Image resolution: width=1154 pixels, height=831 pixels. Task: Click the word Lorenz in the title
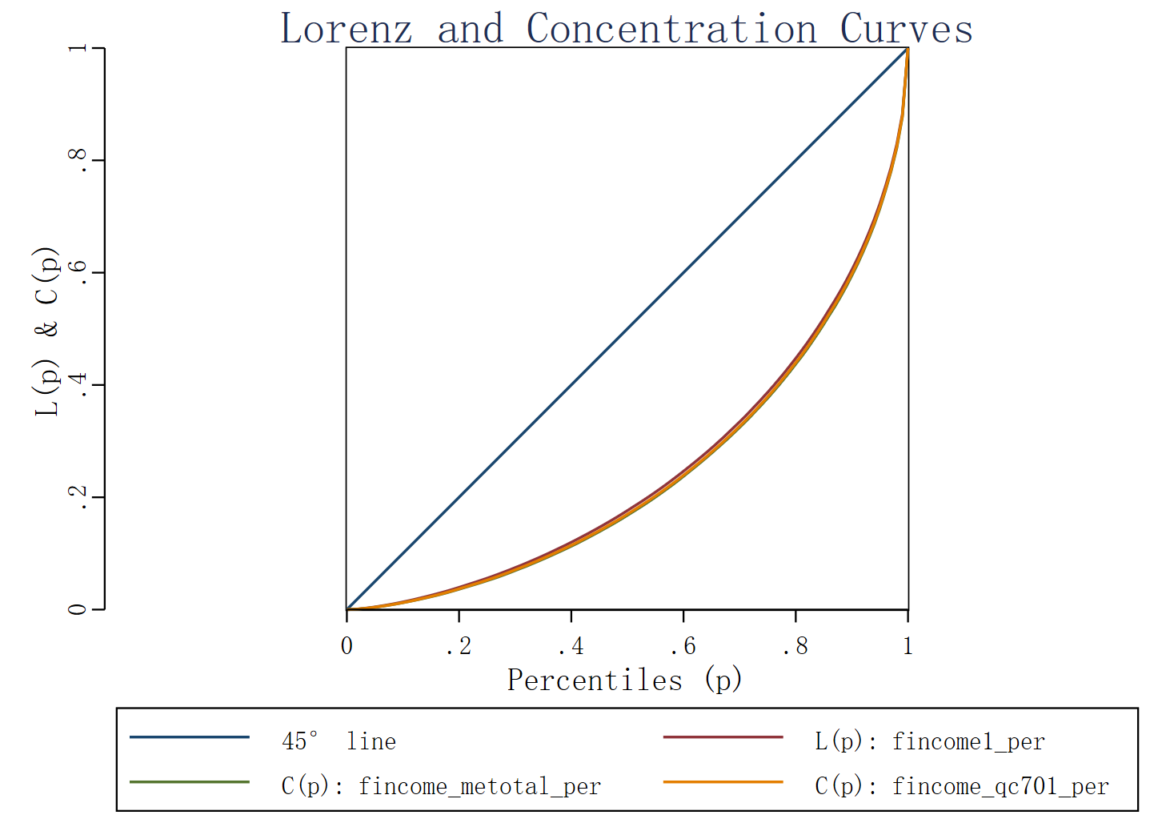(x=347, y=29)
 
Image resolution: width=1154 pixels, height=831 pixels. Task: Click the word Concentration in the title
(x=671, y=29)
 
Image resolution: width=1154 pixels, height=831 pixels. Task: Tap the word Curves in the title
(x=906, y=29)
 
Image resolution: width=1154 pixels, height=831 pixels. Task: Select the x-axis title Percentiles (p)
(x=625, y=680)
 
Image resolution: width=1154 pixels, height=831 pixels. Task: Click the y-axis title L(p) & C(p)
(x=47, y=330)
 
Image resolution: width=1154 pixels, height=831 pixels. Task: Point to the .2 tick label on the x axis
(x=459, y=646)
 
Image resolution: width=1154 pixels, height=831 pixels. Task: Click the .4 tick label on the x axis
(x=571, y=646)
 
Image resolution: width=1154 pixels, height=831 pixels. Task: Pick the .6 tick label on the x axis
(x=683, y=646)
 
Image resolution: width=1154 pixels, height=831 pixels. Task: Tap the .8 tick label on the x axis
(x=795, y=646)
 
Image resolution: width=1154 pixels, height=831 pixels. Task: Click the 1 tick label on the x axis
(x=908, y=646)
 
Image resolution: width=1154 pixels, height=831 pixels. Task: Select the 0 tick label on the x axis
(x=347, y=646)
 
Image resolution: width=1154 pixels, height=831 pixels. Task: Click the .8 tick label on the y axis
(x=78, y=161)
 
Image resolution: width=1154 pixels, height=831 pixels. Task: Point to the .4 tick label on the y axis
(x=78, y=385)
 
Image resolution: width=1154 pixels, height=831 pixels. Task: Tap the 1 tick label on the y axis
(x=78, y=49)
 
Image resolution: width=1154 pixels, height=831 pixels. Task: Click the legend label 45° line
(x=339, y=741)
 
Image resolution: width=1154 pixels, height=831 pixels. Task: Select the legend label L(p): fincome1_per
(x=930, y=741)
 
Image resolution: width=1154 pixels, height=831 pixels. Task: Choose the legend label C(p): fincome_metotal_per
(x=441, y=786)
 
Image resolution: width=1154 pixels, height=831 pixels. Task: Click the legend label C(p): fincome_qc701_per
(x=962, y=786)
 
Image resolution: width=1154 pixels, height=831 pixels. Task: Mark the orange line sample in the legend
(x=723, y=781)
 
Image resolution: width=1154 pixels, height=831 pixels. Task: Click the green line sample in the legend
(x=190, y=781)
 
